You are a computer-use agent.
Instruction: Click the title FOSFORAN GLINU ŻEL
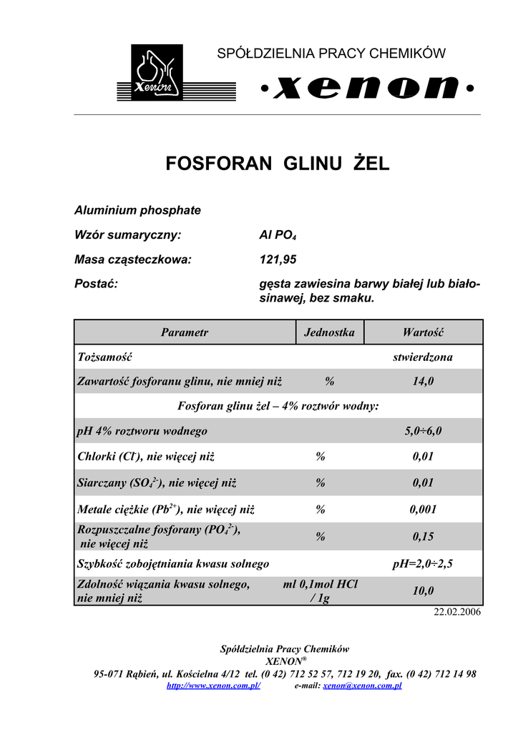coord(278,164)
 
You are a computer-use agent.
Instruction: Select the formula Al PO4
coord(277,234)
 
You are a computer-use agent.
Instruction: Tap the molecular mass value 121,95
coord(277,259)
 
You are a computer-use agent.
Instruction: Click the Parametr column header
coord(185,332)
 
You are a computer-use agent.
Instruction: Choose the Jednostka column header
coord(329,332)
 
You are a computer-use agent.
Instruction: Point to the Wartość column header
coord(423,332)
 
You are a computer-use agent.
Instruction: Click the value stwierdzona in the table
coord(423,357)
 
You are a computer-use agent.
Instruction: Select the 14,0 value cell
coord(423,382)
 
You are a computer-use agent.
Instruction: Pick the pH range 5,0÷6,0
coord(423,430)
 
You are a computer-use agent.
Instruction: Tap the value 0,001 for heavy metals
coord(423,510)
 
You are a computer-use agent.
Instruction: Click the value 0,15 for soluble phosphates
coord(423,536)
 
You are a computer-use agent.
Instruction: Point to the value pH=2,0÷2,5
coord(423,564)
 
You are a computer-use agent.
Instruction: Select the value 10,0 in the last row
coord(423,591)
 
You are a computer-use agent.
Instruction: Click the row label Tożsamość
coord(104,357)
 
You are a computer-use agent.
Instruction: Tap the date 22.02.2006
coord(458,613)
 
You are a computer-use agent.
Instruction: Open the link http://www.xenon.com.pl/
coord(213,686)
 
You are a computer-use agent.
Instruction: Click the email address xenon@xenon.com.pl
coord(362,686)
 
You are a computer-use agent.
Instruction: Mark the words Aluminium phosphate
coord(137,210)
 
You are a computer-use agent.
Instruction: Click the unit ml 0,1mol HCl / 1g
coord(320,591)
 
